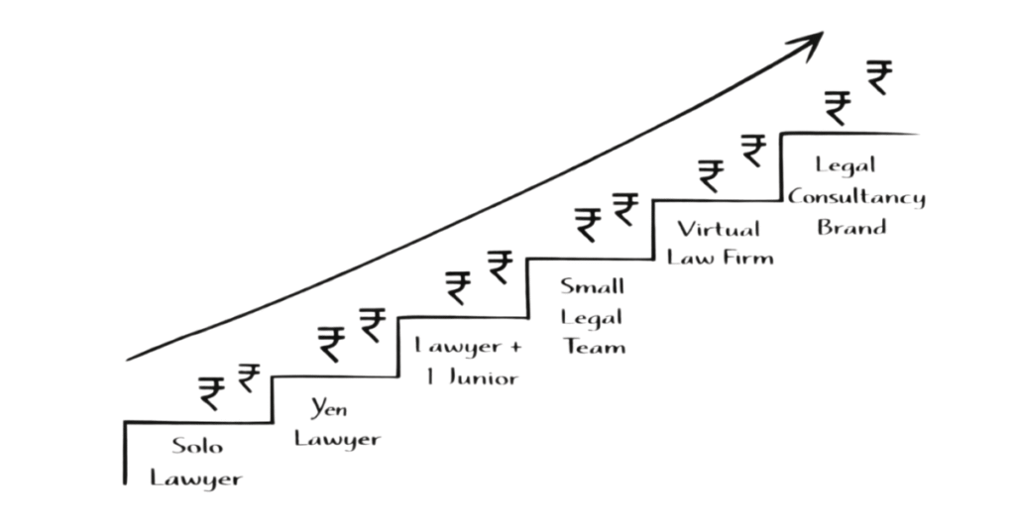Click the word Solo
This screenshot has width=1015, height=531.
(197, 446)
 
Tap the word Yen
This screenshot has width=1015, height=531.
(329, 408)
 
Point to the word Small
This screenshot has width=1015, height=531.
(592, 287)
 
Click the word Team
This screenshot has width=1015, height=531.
(593, 347)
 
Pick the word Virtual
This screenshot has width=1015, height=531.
(719, 229)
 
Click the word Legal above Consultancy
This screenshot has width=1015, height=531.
(846, 164)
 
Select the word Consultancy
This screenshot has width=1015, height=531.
(856, 196)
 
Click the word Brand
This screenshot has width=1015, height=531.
(851, 227)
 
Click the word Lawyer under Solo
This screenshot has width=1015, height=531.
(195, 478)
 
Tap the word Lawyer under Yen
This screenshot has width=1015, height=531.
(337, 439)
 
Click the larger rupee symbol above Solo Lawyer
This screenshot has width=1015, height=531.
(211, 392)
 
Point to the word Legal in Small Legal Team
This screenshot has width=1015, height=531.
(592, 318)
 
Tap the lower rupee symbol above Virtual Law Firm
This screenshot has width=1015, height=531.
(711, 175)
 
